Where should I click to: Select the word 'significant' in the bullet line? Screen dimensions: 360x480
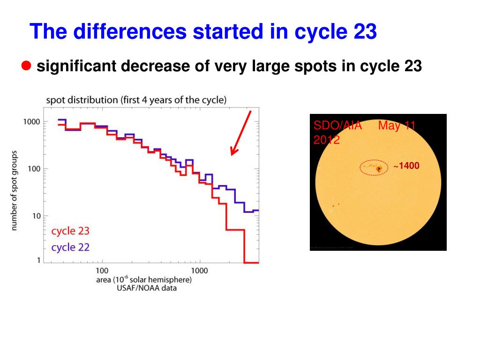click(76, 67)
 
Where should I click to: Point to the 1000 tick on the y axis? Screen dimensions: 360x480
click(32, 122)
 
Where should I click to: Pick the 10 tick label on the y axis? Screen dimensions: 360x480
click(36, 216)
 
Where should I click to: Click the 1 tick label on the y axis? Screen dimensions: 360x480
click(38, 261)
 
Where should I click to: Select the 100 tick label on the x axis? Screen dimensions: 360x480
click(102, 270)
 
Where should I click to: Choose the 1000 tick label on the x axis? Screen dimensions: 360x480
click(199, 270)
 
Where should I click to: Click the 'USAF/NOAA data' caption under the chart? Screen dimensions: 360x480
click(147, 288)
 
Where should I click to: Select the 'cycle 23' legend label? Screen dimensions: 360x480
click(70, 231)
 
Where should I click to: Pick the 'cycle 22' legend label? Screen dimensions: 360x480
click(70, 247)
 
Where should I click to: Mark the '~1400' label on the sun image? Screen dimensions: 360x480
click(406, 166)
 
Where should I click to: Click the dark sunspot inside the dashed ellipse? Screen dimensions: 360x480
click(379, 168)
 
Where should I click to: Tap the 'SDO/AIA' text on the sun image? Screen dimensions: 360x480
click(331, 126)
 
